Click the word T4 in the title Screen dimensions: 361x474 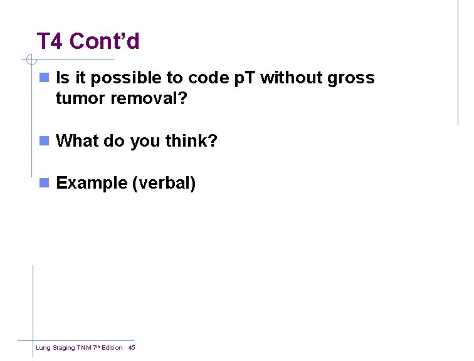point(50,41)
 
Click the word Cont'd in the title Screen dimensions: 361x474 point(105,41)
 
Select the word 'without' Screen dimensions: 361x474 point(291,78)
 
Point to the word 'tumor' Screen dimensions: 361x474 point(78,99)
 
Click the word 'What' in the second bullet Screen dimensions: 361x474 point(78,141)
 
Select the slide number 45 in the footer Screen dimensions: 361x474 point(131,348)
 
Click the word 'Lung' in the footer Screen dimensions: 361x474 point(42,348)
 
